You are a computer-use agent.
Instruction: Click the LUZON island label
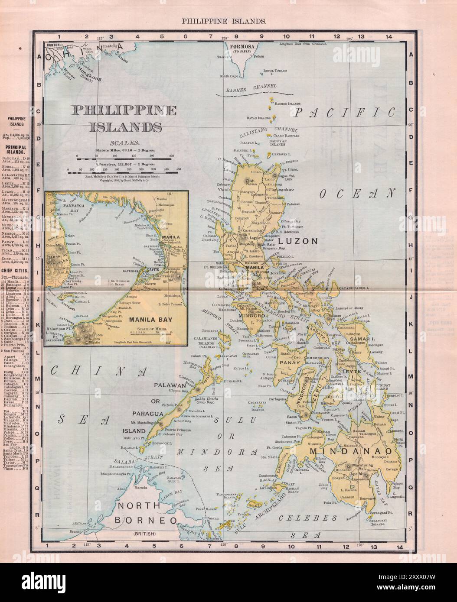pyautogui.click(x=295, y=242)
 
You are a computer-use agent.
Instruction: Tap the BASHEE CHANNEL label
pyautogui.click(x=252, y=89)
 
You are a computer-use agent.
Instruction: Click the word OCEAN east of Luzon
pyautogui.click(x=358, y=194)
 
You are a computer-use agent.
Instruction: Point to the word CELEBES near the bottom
pyautogui.click(x=308, y=518)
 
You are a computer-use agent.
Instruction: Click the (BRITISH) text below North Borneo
pyautogui.click(x=145, y=534)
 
